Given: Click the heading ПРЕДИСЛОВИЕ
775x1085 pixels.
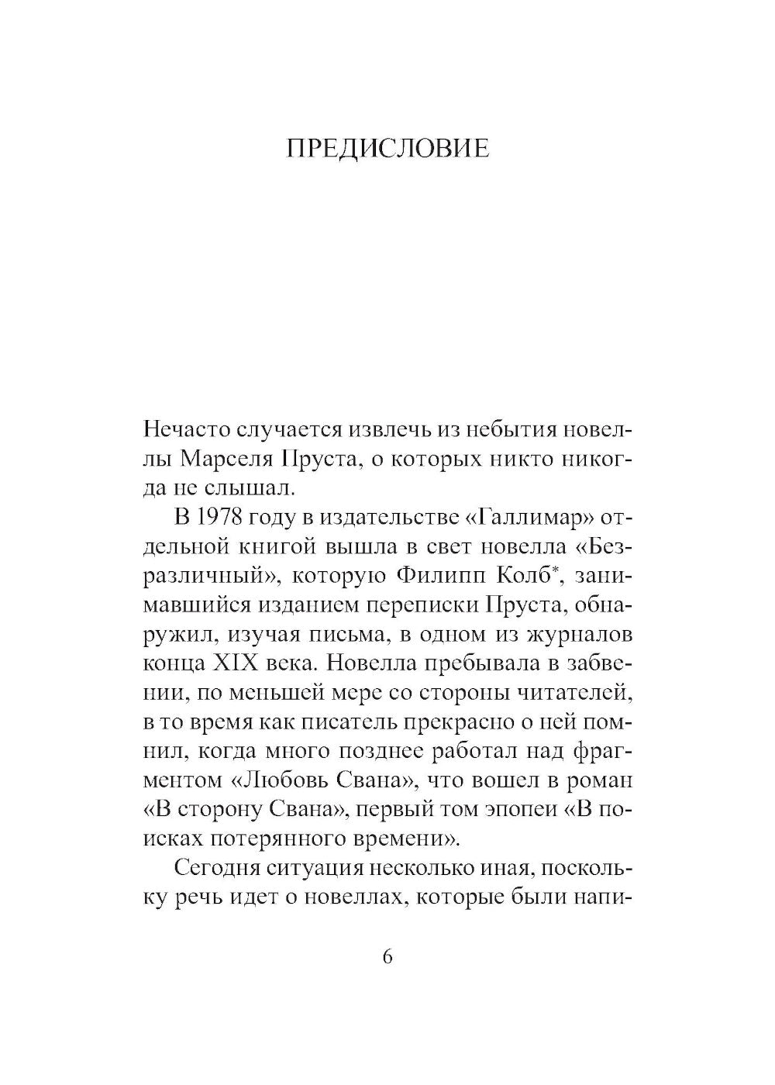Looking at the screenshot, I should click(387, 148).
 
